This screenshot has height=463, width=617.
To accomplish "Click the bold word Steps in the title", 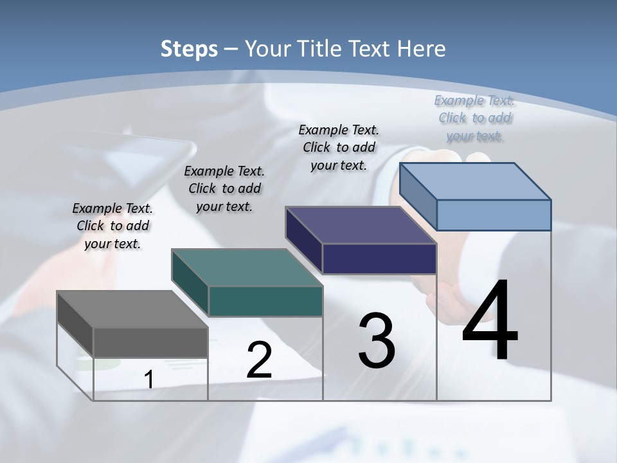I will [x=189, y=49].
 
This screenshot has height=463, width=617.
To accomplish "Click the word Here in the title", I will [x=422, y=49].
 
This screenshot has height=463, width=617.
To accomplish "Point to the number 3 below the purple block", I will [x=377, y=340].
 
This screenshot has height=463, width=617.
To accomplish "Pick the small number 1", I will [x=148, y=379].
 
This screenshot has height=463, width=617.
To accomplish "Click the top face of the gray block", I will [x=132, y=309].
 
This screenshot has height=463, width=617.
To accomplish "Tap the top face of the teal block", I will [x=247, y=268].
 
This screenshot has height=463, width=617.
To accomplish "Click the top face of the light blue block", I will [x=476, y=181].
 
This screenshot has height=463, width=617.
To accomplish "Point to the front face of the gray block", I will [x=150, y=341].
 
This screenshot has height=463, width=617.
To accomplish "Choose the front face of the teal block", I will [x=265, y=301].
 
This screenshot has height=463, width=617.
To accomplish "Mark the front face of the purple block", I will [x=379, y=259].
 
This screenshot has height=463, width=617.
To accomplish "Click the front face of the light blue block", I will [x=494, y=215].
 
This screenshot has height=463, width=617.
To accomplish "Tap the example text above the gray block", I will [x=112, y=226].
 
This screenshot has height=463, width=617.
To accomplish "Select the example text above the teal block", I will [x=224, y=188].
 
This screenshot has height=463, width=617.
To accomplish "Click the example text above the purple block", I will [x=339, y=147].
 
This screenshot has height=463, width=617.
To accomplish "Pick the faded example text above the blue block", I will [x=474, y=118].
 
